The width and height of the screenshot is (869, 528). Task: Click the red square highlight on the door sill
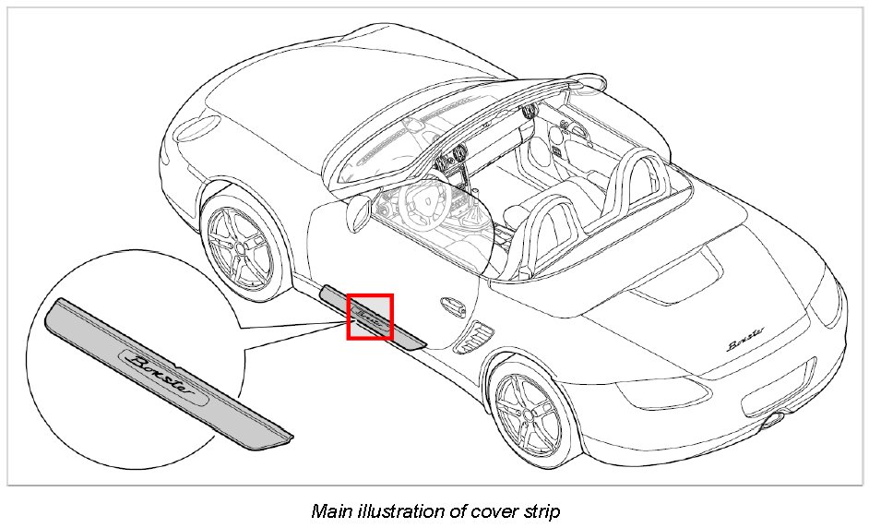pos(370,317)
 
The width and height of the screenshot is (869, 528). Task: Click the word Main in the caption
pos(329,510)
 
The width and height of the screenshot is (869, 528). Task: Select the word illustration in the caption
pos(389,510)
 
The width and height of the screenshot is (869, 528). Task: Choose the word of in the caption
pos(440,510)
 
